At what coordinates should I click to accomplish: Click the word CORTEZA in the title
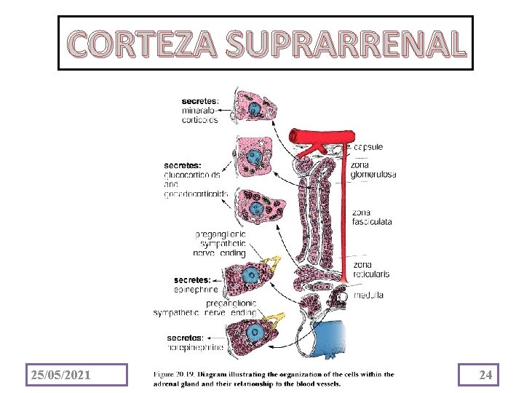144,45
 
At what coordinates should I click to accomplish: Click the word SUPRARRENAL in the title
344,45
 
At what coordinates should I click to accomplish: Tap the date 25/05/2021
60,375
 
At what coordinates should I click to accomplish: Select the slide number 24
486,375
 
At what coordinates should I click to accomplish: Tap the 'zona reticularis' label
371,269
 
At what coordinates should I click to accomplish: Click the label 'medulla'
369,295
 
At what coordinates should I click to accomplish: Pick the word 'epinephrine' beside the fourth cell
194,289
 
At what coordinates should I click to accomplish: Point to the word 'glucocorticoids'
193,175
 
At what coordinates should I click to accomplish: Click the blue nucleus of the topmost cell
255,109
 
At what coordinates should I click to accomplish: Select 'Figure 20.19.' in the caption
179,375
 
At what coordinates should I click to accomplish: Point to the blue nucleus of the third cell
255,210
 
